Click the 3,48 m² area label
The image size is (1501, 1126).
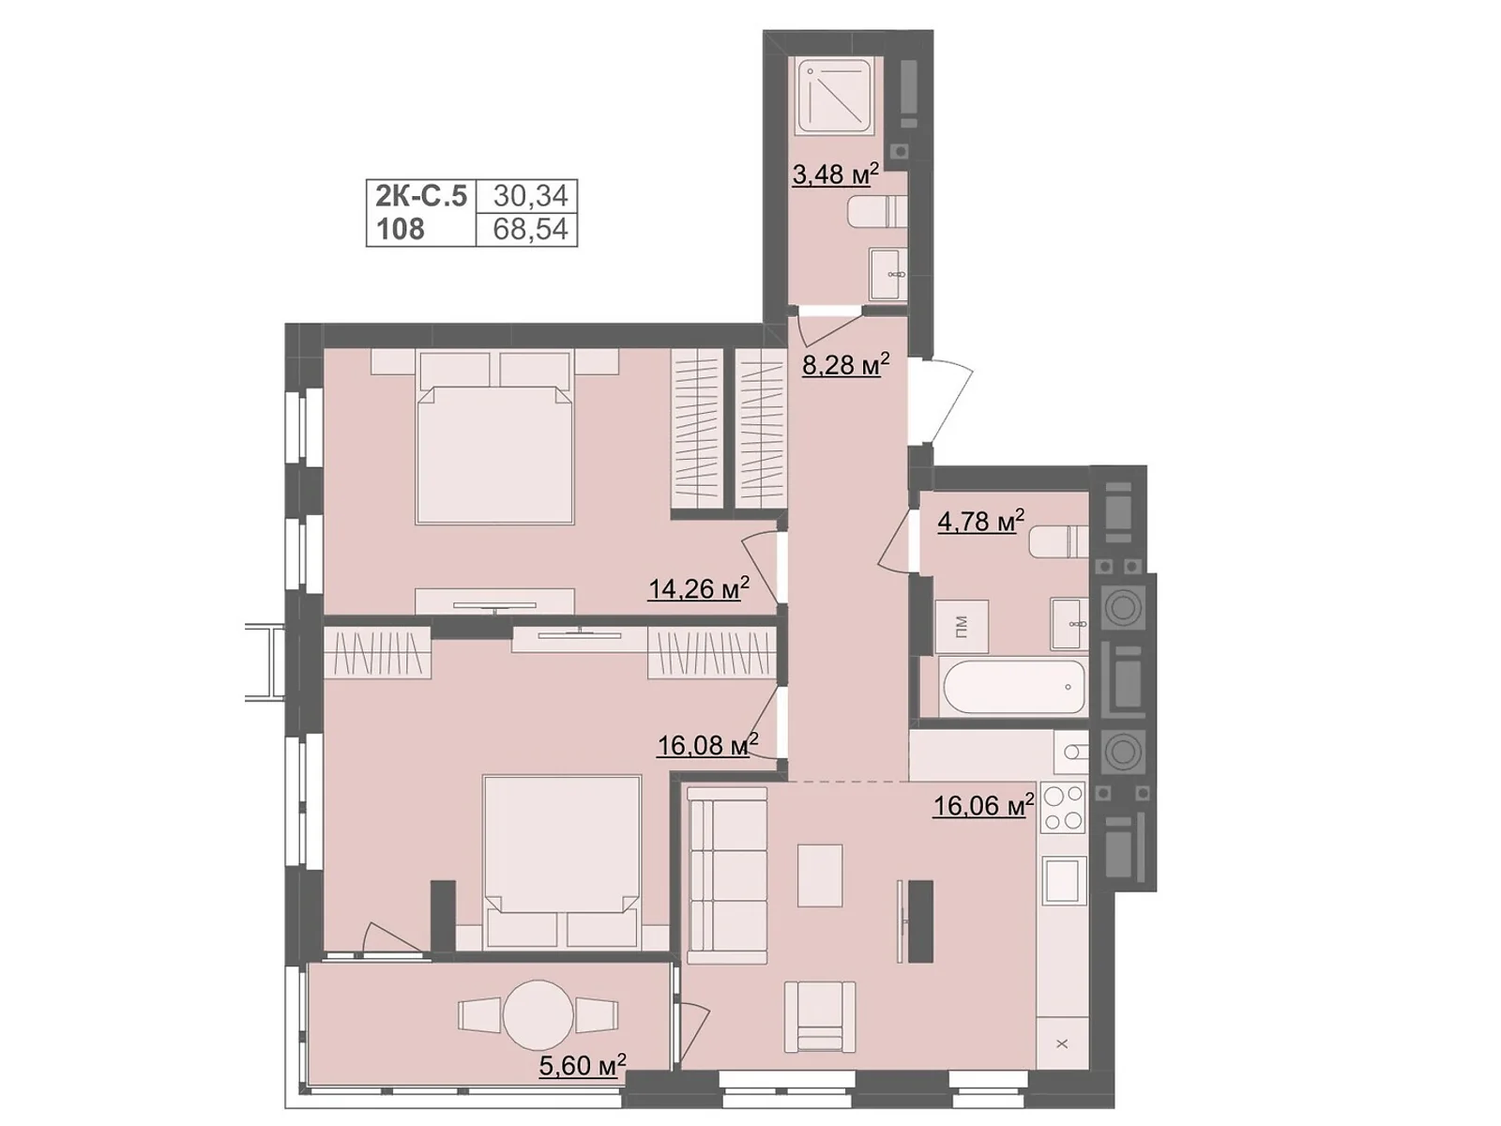(x=834, y=175)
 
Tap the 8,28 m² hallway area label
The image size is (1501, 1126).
(x=845, y=363)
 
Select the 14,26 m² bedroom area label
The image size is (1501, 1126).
(x=698, y=587)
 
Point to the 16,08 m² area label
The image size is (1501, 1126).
(x=707, y=744)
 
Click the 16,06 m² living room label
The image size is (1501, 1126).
(x=983, y=805)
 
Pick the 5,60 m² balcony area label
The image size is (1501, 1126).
(x=582, y=1064)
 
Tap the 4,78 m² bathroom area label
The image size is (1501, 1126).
(x=980, y=521)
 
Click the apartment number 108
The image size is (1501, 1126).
(x=401, y=229)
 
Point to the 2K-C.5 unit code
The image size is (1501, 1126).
(x=421, y=196)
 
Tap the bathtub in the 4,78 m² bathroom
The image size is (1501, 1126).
(x=1013, y=687)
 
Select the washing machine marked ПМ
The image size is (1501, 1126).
(x=962, y=626)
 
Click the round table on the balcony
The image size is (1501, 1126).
(x=538, y=1015)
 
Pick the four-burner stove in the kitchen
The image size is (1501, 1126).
(x=1063, y=807)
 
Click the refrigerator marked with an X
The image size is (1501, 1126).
(x=1062, y=1042)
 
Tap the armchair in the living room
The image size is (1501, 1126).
(x=820, y=1016)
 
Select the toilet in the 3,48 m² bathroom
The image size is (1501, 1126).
(x=877, y=210)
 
